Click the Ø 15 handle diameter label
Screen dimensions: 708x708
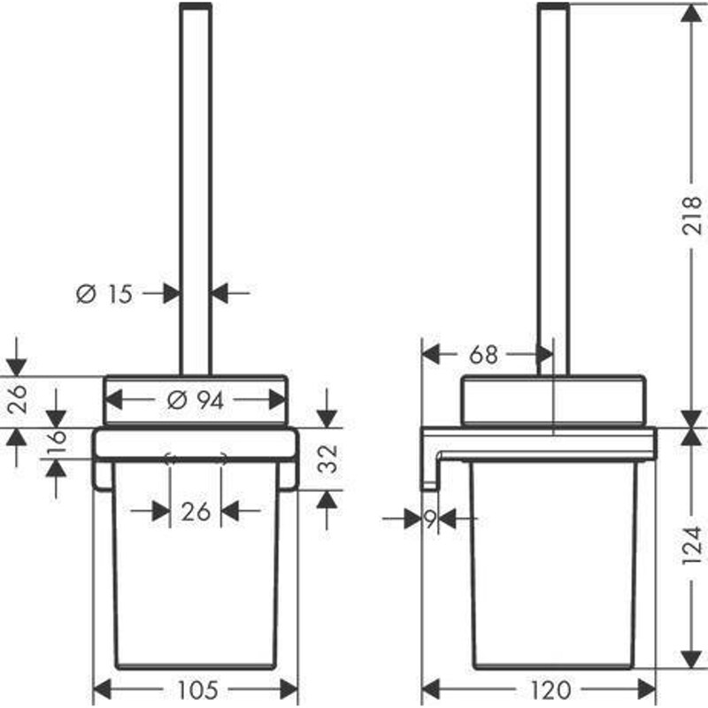[104, 293]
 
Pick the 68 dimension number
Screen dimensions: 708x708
[484, 355]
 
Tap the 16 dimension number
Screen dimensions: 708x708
[56, 440]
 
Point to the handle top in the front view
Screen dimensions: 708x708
[196, 7]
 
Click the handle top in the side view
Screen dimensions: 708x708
[553, 7]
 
